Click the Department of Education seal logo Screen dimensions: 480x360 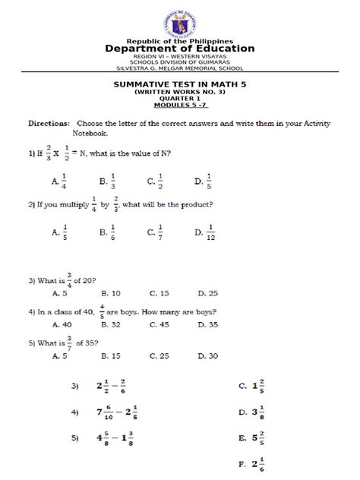click(x=180, y=21)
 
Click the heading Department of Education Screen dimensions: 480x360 click(x=180, y=49)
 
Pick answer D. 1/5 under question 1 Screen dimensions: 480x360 click(x=202, y=181)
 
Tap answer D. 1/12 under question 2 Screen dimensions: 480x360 click(x=205, y=233)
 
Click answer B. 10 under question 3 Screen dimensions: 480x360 click(x=109, y=292)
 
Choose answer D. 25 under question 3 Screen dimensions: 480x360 click(x=207, y=292)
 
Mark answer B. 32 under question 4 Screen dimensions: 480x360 click(x=109, y=324)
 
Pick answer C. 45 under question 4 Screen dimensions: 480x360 click(x=158, y=324)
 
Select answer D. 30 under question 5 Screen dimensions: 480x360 click(x=207, y=355)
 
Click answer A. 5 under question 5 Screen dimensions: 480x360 click(x=60, y=355)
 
